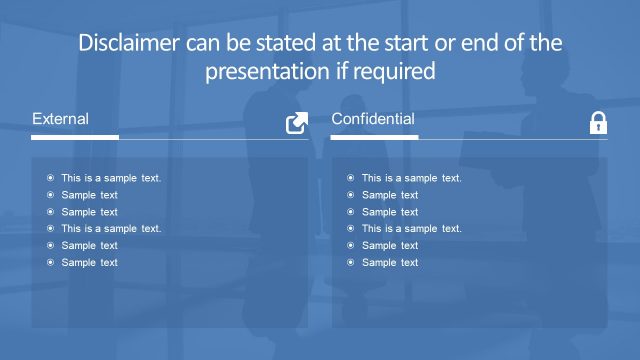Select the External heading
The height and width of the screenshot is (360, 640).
pyautogui.click(x=60, y=119)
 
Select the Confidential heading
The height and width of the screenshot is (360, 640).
pyautogui.click(x=373, y=119)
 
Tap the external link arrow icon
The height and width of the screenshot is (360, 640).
pyautogui.click(x=297, y=123)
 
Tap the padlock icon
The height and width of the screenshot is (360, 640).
pyautogui.click(x=598, y=123)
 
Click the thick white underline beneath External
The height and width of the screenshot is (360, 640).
pyautogui.click(x=75, y=137)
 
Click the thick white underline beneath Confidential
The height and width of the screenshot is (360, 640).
pyautogui.click(x=374, y=137)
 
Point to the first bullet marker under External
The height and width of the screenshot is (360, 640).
pyautogui.click(x=50, y=178)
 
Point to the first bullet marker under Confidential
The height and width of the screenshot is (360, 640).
pyautogui.click(x=350, y=178)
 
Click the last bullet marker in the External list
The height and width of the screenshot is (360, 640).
pyautogui.click(x=50, y=262)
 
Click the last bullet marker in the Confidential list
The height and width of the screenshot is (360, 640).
pyautogui.click(x=350, y=262)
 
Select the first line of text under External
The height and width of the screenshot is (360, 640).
pyautogui.click(x=111, y=178)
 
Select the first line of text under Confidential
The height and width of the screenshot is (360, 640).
pyautogui.click(x=411, y=178)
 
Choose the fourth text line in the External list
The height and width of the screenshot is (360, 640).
pyautogui.click(x=111, y=228)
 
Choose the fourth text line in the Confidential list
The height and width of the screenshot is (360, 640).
pyautogui.click(x=411, y=228)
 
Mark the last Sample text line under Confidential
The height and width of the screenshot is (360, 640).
pyautogui.click(x=389, y=262)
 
